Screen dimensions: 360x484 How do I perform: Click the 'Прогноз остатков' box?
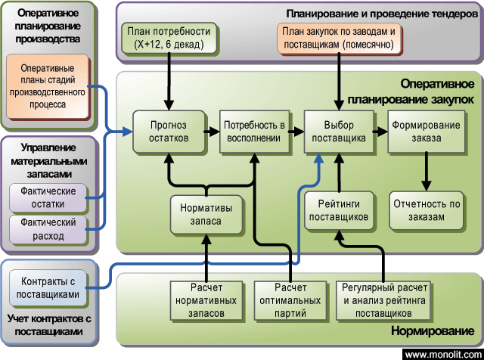click(x=168, y=131)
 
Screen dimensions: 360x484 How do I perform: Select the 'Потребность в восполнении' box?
click(x=253, y=131)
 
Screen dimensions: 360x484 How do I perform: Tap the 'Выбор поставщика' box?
click(x=339, y=131)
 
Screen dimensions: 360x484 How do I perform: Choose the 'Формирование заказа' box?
click(x=425, y=131)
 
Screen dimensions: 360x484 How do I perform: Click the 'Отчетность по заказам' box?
click(x=425, y=211)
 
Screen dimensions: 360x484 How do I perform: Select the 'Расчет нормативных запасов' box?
click(x=206, y=300)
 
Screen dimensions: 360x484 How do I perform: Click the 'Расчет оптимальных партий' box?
click(x=290, y=300)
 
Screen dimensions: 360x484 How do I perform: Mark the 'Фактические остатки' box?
click(x=48, y=198)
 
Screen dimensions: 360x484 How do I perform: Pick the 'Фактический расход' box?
click(x=48, y=229)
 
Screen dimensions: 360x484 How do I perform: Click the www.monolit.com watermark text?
click(x=442, y=354)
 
